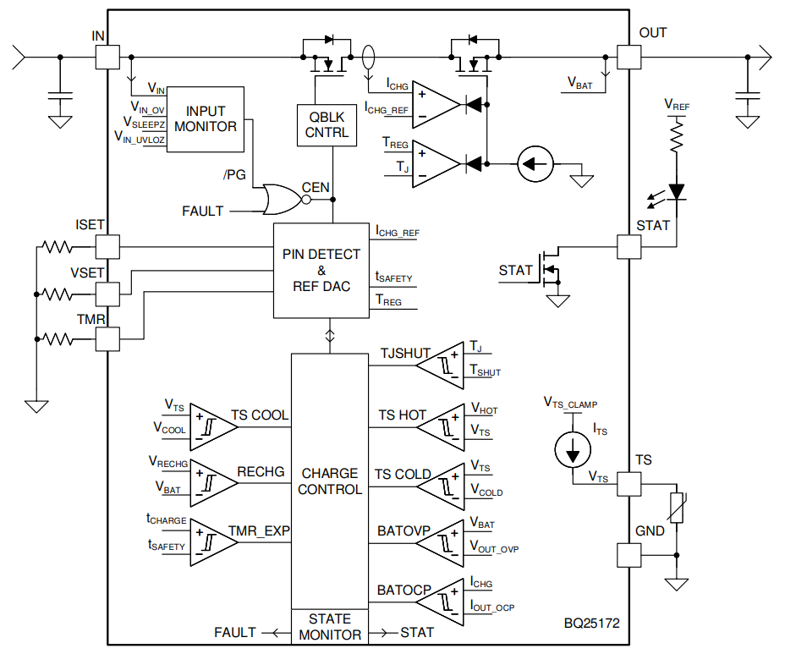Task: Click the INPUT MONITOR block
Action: click(x=205, y=119)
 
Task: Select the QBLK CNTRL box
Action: click(x=327, y=125)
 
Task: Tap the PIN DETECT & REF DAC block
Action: click(x=321, y=271)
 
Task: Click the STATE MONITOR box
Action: click(x=329, y=627)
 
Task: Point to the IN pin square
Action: click(x=107, y=57)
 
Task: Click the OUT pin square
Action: click(x=629, y=57)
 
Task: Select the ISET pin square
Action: click(x=107, y=247)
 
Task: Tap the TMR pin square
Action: click(x=107, y=339)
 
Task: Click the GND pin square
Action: click(x=629, y=555)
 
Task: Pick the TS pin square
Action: click(x=629, y=484)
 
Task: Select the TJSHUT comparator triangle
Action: click(x=440, y=365)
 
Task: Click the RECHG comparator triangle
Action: click(x=214, y=483)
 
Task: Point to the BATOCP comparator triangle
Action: click(x=440, y=602)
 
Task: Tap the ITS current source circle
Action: click(x=573, y=450)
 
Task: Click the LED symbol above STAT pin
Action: click(x=676, y=192)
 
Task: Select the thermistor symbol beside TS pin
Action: click(x=676, y=508)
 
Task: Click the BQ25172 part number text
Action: click(x=592, y=624)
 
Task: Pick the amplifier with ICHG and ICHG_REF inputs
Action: click(x=436, y=105)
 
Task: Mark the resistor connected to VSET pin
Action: click(x=57, y=294)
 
